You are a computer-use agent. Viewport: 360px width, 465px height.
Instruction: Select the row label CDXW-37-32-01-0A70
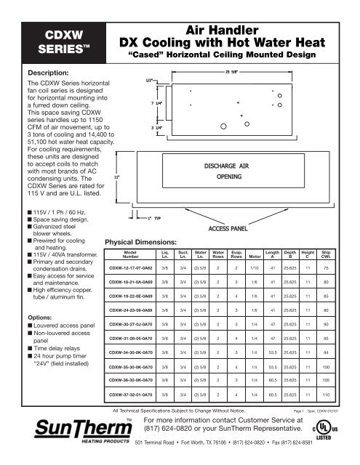click(x=135, y=416)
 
